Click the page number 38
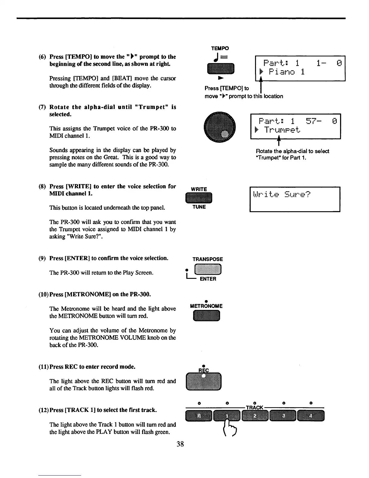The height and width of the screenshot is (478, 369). point(180,444)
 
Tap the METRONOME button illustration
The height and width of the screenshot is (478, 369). point(207,316)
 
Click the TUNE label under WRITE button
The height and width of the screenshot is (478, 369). point(199,207)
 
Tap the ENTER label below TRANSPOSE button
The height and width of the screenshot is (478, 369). point(208,279)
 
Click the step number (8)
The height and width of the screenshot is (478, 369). point(43,186)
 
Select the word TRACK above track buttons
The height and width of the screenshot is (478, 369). point(255,408)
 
